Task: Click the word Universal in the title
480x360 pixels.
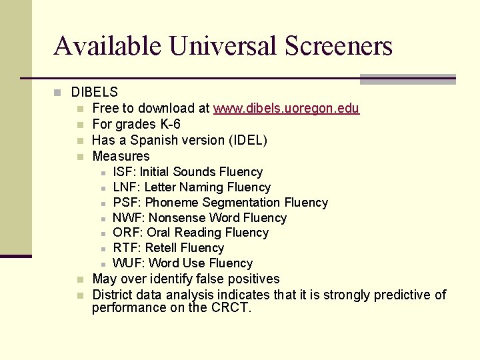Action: coord(223,46)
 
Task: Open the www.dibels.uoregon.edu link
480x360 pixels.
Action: coord(286,109)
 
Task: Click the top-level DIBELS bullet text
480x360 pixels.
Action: coord(95,93)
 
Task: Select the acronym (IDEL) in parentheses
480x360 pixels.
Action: coord(247,140)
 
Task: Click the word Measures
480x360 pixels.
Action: coord(121,156)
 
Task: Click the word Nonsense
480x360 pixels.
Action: coord(177,218)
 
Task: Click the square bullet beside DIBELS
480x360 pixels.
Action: coord(58,93)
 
